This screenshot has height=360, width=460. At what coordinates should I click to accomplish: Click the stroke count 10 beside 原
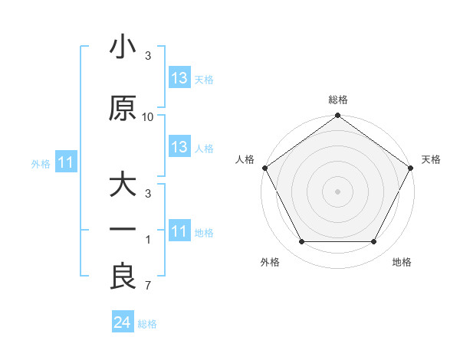tap(148, 117)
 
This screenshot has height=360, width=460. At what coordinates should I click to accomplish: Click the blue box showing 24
tap(122, 323)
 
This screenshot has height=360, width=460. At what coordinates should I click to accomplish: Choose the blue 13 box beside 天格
tap(179, 78)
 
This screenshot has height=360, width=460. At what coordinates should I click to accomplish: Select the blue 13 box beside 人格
tap(179, 147)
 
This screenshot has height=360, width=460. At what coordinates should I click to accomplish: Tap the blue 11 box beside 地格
tap(179, 231)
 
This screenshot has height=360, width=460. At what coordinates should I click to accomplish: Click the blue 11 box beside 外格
tap(65, 162)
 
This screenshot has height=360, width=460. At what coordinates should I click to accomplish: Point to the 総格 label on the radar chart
tap(338, 100)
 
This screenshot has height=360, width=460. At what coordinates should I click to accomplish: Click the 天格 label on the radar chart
tap(431, 159)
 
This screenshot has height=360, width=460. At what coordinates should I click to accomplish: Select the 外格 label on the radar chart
tap(270, 262)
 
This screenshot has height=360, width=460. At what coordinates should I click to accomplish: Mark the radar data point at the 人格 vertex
tap(264, 168)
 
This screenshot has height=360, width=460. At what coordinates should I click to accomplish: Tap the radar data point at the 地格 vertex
tap(374, 242)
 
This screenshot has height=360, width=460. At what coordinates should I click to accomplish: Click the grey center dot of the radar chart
tap(338, 191)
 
